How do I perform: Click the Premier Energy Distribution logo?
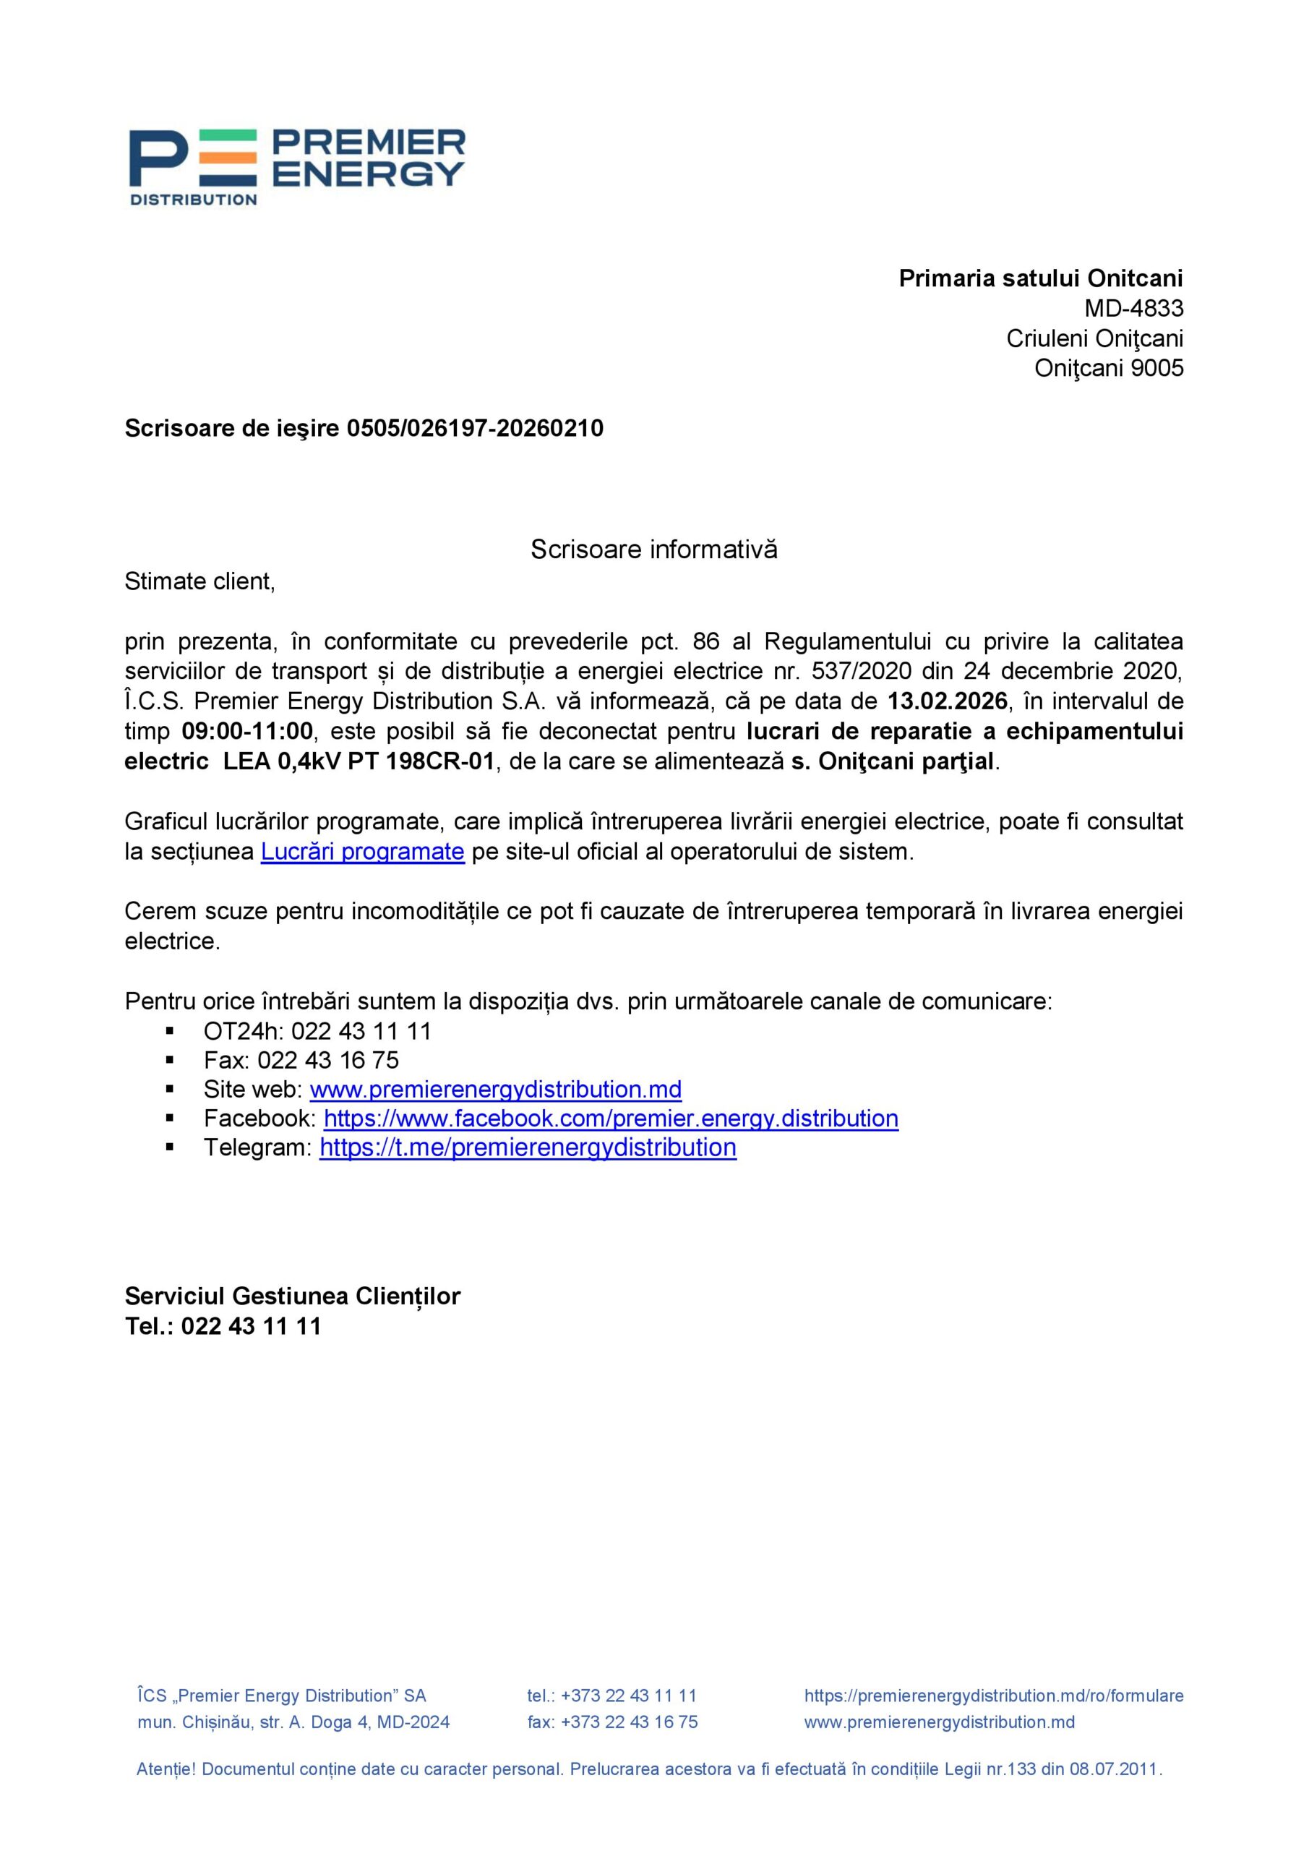point(296,167)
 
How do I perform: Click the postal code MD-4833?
point(1133,308)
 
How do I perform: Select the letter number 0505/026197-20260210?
point(475,428)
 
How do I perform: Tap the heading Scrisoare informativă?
point(653,550)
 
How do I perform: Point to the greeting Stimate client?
point(199,581)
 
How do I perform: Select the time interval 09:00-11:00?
point(246,731)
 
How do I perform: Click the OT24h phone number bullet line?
point(317,1031)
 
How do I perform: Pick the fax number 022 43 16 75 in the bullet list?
point(328,1060)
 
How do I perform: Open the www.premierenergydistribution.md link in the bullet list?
point(496,1089)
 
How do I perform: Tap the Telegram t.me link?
point(528,1147)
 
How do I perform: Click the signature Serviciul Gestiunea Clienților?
point(293,1296)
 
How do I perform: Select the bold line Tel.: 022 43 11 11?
point(223,1325)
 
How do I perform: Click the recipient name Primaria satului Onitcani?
point(1041,278)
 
